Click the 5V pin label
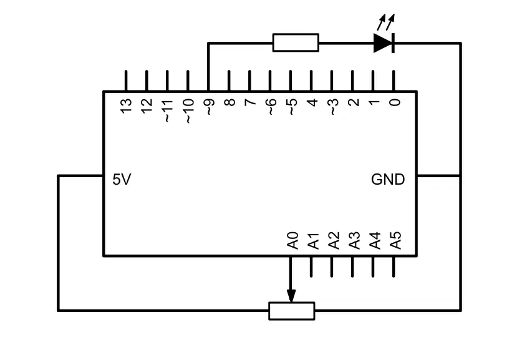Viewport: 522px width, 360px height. (x=122, y=179)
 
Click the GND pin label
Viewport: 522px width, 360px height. (x=388, y=179)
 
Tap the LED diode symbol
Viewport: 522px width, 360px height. (x=384, y=43)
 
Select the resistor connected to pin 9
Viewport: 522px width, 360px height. (x=296, y=42)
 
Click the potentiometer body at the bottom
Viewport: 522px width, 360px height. (x=292, y=311)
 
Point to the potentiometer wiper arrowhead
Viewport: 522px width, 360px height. (x=291, y=296)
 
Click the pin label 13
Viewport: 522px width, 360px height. (x=126, y=106)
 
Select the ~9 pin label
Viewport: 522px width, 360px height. (x=209, y=107)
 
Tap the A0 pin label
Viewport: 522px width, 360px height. (x=292, y=241)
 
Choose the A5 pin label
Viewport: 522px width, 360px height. (x=395, y=241)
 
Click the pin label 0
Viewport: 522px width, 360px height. (x=395, y=102)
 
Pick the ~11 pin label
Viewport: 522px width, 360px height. (x=168, y=110)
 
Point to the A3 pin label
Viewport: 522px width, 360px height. (x=354, y=241)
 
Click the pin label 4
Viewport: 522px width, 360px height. (x=312, y=102)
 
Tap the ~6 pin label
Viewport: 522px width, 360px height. (x=271, y=107)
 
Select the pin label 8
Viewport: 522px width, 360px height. (x=230, y=102)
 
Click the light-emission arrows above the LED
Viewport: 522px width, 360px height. (x=386, y=22)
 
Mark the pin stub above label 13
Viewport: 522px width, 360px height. (x=126, y=80)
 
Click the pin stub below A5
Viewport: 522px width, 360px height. (x=394, y=267)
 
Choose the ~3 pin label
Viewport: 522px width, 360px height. (x=333, y=107)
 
